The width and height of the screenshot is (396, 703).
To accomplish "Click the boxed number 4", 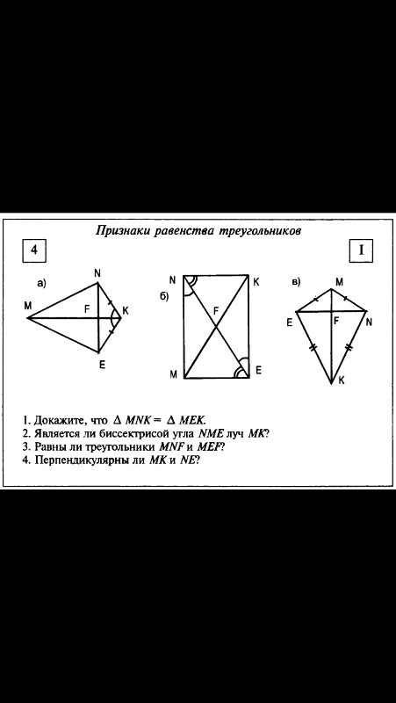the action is [x=34, y=250].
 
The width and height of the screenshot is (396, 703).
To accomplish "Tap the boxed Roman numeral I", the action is [x=361, y=250].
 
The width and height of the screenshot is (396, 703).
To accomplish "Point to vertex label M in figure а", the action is [x=29, y=306].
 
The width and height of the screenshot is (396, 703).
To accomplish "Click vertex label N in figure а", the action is [x=97, y=272].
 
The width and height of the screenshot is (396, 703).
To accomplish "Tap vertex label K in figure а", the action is [x=125, y=311].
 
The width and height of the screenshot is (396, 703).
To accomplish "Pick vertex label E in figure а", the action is [x=102, y=366].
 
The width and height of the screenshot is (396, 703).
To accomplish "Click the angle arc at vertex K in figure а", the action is [x=112, y=318].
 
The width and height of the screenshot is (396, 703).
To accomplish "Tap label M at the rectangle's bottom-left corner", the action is [x=173, y=376].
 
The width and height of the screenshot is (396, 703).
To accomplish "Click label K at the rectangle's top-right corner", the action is [x=256, y=282].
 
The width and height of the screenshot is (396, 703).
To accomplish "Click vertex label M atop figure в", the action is [x=340, y=281].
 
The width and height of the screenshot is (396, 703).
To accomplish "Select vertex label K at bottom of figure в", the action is [x=342, y=380].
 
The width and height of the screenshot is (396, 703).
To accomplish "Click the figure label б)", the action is [x=164, y=297].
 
